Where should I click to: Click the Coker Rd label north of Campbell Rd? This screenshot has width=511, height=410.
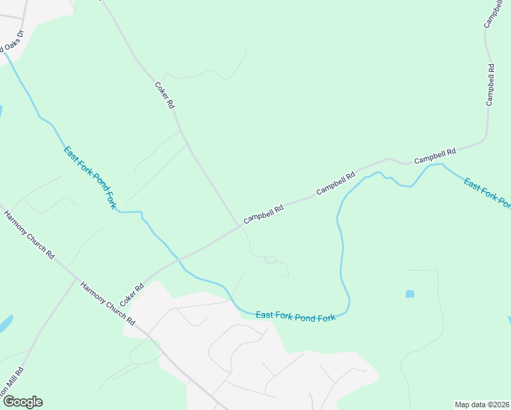coord(165,96)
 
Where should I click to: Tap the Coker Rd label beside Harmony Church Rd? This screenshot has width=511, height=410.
coord(131,295)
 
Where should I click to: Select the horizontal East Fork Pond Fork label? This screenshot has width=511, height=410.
coord(296,316)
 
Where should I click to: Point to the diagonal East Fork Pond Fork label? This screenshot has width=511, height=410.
coord(91,178)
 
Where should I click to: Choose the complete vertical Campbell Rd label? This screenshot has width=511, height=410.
coord(490,85)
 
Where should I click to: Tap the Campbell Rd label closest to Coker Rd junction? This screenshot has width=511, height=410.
coord(264,214)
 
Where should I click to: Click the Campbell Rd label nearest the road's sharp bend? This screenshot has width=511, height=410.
coord(434,156)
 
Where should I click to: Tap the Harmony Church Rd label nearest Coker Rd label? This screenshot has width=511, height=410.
coord(108,304)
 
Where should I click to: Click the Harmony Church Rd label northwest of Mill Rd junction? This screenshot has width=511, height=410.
coord(29,235)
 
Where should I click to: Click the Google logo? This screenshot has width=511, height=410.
coord(23,402)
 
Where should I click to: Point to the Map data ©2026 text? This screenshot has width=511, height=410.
coord(482,405)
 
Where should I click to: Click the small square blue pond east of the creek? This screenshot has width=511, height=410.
coord(410,294)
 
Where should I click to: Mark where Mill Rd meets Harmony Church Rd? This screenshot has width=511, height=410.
coord(76,279)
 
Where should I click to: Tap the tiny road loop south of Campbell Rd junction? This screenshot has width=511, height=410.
coord(270,260)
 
